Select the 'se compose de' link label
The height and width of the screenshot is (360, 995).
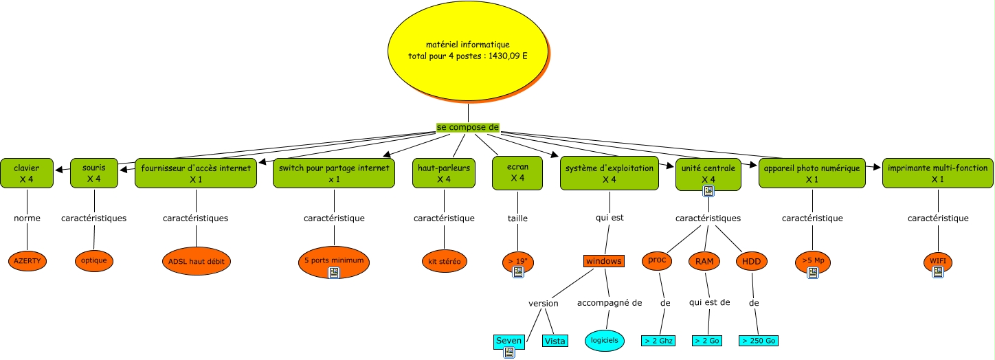[468, 128]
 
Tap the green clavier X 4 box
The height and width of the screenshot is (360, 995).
[27, 173]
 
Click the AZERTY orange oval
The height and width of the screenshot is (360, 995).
[27, 261]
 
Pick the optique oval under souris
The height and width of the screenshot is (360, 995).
[93, 261]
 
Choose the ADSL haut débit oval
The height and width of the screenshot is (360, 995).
[196, 261]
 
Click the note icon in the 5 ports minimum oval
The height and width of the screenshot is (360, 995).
[334, 273]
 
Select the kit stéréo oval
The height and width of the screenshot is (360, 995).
[443, 261]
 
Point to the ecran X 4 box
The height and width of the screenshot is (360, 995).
[518, 173]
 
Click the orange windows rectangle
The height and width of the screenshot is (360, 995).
[603, 261]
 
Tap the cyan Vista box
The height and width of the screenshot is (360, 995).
[555, 341]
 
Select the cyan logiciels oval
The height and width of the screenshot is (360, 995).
[605, 340]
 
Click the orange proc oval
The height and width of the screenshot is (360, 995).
[658, 260]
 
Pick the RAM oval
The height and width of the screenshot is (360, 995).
[704, 261]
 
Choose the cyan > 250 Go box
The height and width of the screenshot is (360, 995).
[759, 341]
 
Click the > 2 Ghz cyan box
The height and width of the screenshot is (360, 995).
[658, 341]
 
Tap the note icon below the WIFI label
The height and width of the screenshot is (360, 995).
[938, 273]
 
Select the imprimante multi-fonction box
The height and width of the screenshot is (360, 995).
[937, 173]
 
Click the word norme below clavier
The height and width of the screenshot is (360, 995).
[27, 218]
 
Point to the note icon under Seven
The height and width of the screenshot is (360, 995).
[509, 352]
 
